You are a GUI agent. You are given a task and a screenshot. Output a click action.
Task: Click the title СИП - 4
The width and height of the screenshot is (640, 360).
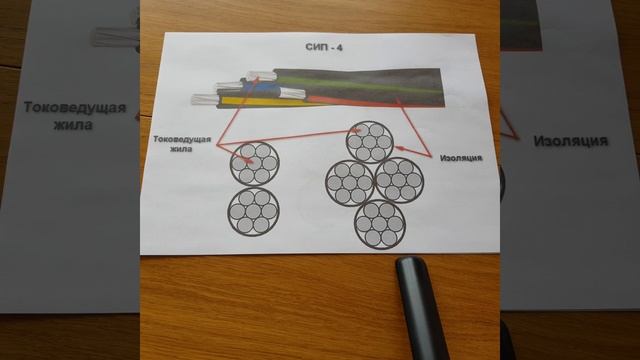tap(324, 47)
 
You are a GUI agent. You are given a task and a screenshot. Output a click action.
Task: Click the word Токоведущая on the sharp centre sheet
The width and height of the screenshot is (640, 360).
tap(182, 139)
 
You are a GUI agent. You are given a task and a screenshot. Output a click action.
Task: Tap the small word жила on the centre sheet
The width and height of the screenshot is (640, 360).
tap(181, 149)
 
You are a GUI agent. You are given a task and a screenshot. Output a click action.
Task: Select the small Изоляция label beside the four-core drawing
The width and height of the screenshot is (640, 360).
tap(461, 158)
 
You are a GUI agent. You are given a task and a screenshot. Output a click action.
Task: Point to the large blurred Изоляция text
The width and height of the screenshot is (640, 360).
tap(571, 141)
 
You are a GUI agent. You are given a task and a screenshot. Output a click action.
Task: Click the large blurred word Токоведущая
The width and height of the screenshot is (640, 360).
tap(75, 107)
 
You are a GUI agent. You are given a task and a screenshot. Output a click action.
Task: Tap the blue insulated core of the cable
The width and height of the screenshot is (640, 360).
tap(260, 88)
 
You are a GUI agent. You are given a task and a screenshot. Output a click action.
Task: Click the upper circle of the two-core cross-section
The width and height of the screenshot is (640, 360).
tap(254, 164)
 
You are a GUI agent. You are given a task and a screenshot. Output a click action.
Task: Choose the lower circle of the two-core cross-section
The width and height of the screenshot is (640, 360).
tap(253, 211)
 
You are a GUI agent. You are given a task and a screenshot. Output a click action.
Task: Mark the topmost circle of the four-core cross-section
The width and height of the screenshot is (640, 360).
tap(369, 142)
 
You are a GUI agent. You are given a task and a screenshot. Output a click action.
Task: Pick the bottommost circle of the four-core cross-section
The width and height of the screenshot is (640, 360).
tap(380, 224)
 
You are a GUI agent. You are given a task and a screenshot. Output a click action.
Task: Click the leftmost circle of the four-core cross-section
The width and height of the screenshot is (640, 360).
tap(350, 183)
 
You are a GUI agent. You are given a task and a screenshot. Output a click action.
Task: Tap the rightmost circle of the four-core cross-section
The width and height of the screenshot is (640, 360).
tap(399, 180)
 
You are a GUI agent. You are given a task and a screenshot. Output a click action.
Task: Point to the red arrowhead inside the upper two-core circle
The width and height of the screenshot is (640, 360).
tap(247, 162)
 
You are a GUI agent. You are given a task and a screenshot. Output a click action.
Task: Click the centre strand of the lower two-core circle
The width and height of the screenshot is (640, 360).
tap(253, 211)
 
